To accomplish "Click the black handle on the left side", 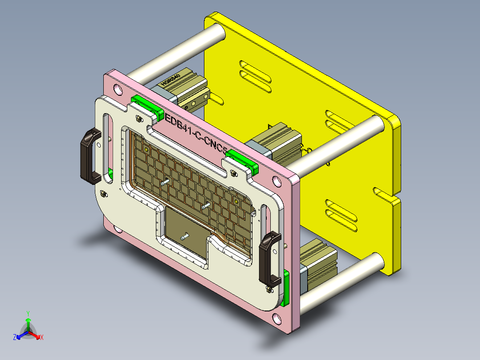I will [89, 155].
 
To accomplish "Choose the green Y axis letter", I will [28, 313].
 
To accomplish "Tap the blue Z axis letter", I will [15, 337].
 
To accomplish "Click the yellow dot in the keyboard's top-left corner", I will [146, 150].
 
